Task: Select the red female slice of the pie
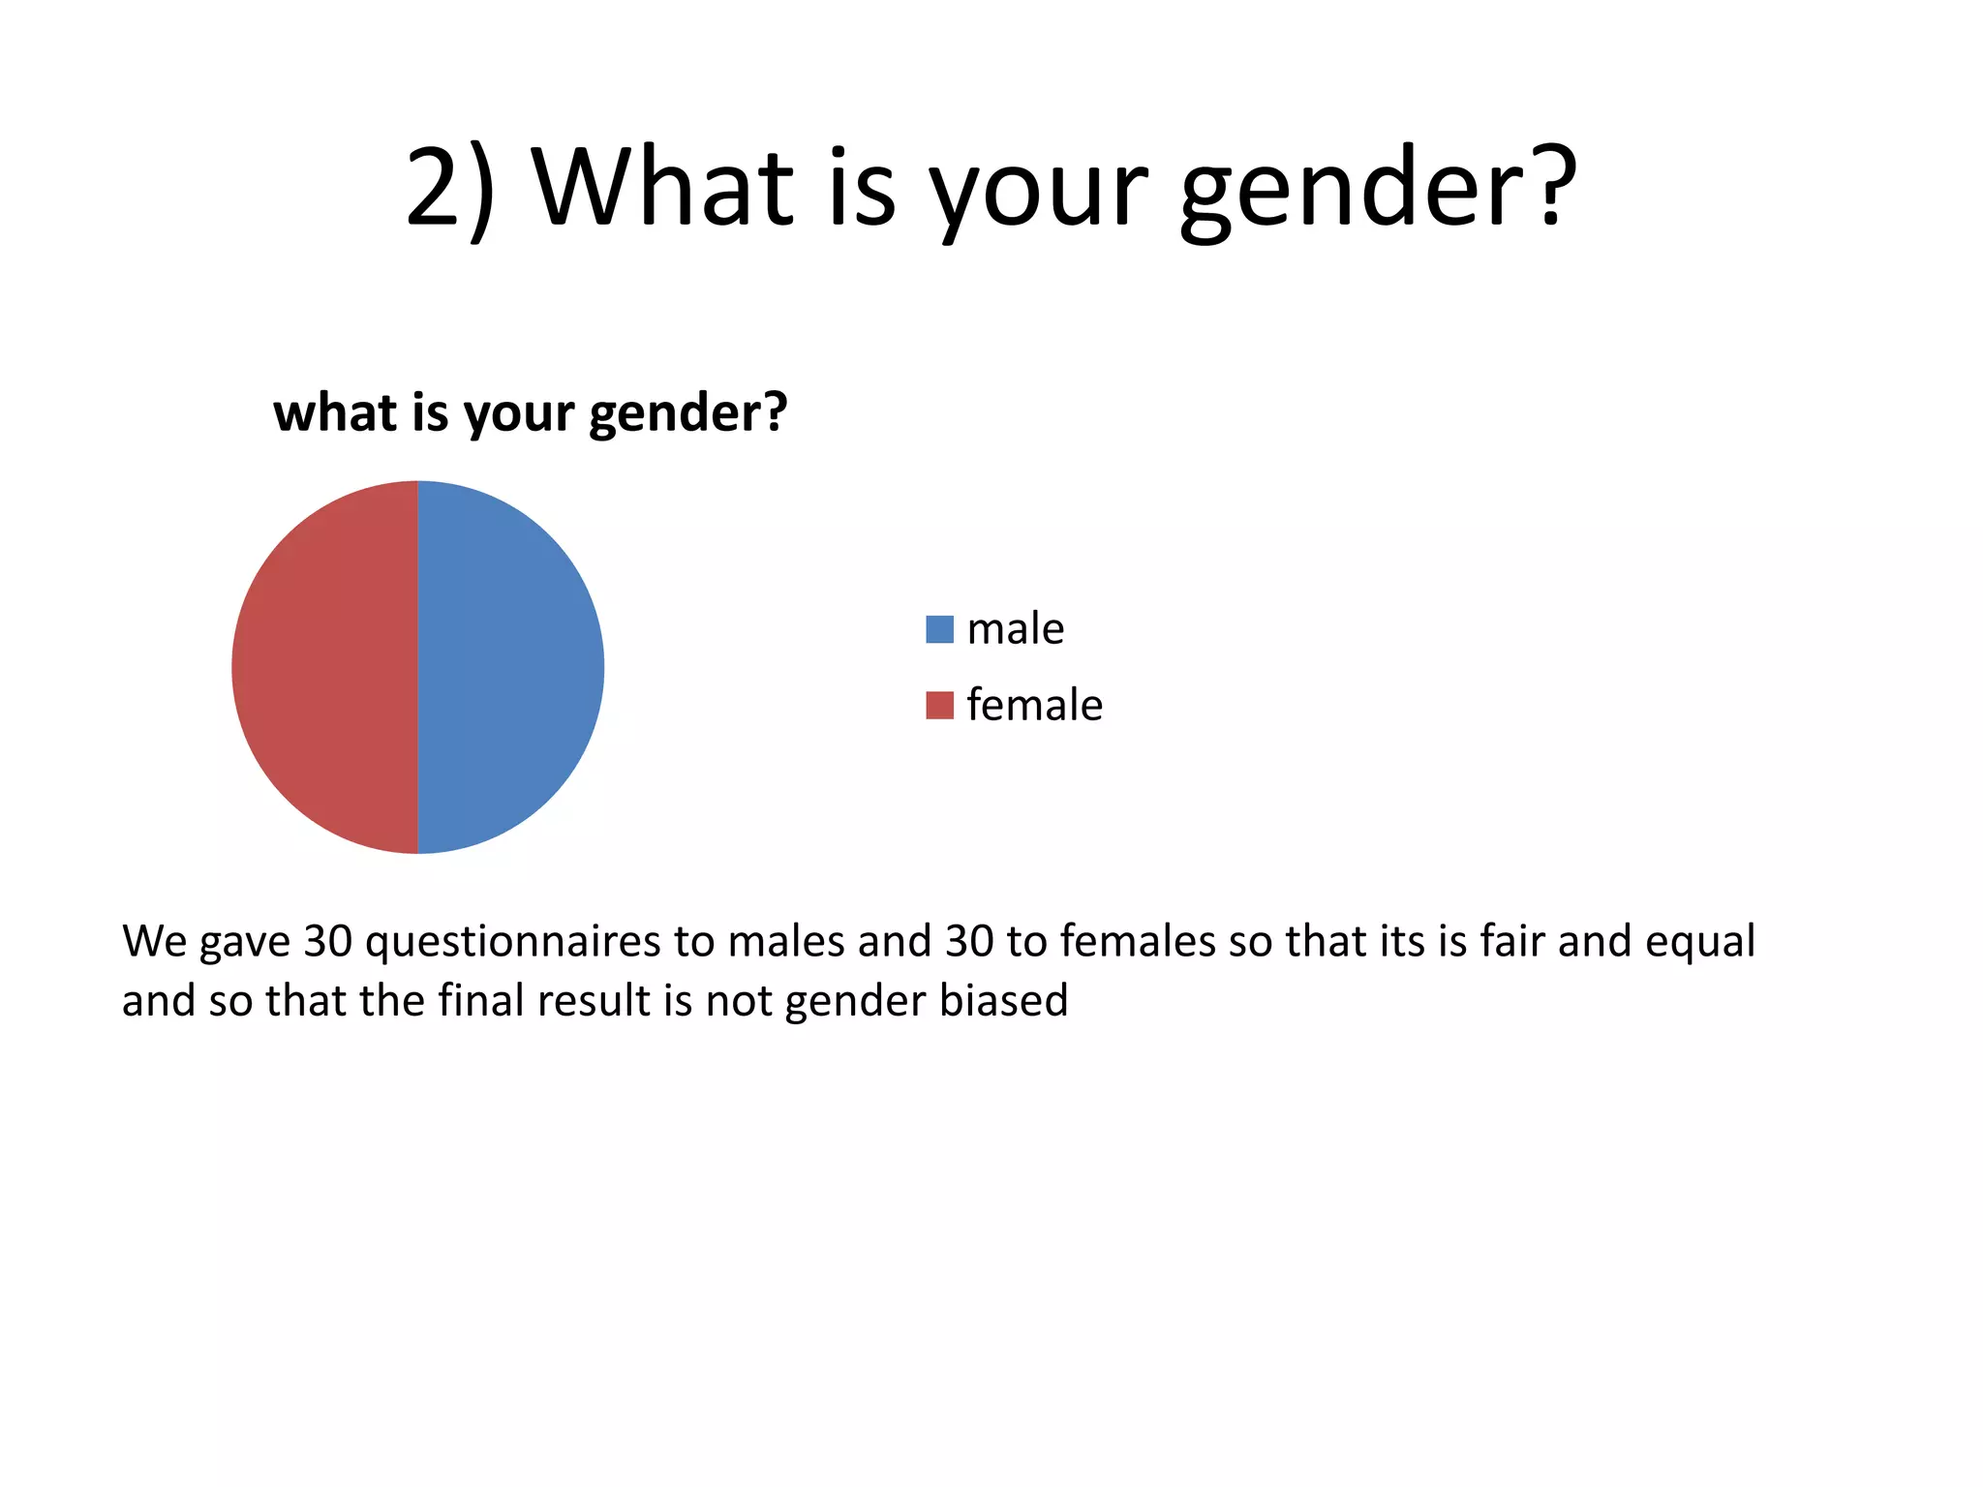(x=325, y=667)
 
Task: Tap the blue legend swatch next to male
(x=939, y=629)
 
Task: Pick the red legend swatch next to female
(x=939, y=705)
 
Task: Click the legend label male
(x=1016, y=629)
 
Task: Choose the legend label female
(x=1034, y=705)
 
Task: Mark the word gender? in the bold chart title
(x=687, y=413)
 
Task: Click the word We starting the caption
(x=154, y=941)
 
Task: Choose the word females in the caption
(x=1138, y=941)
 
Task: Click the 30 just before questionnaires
(x=327, y=941)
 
